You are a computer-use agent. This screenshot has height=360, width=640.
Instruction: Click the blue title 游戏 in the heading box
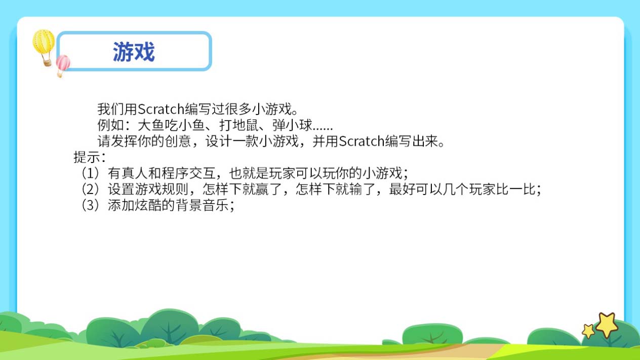coord(134,52)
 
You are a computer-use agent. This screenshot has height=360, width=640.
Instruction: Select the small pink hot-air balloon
coord(63,65)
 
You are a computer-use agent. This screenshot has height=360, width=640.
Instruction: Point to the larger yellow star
coord(607,325)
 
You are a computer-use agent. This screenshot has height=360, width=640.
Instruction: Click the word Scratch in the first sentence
coord(161,109)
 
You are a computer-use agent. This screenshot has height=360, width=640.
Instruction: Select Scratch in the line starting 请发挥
coord(362,141)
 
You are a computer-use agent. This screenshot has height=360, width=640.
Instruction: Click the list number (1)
coord(91,173)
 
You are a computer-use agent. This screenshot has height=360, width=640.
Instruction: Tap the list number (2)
coord(91,189)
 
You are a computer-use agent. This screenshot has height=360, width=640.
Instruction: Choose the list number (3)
coord(91,205)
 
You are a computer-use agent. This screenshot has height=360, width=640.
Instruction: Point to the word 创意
coord(178,141)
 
